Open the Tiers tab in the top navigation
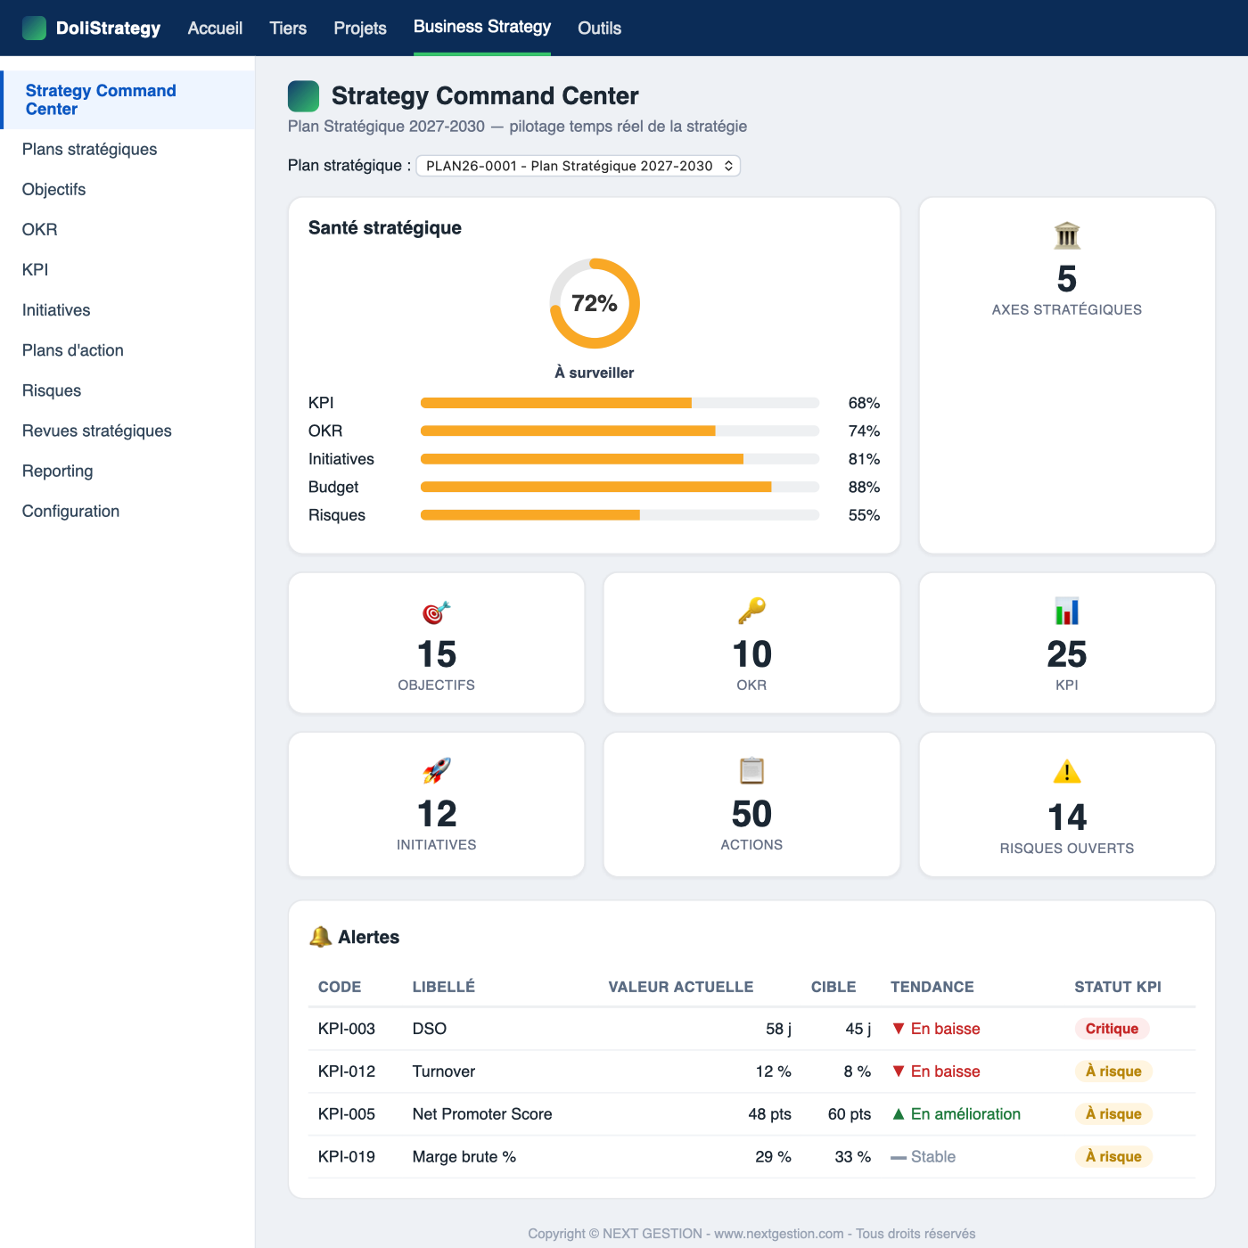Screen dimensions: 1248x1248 pos(288,28)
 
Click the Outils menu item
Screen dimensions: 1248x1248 pos(599,28)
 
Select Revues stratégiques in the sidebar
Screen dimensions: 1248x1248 pos(96,431)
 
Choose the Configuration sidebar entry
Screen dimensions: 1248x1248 pos(70,511)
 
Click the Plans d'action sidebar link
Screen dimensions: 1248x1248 pos(72,350)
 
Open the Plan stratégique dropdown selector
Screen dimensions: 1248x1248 pos(578,166)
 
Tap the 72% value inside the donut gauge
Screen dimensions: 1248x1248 pos(594,303)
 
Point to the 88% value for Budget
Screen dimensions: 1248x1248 pos(863,487)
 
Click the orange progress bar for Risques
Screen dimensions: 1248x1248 pos(530,515)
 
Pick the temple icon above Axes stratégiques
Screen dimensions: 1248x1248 pos(1067,235)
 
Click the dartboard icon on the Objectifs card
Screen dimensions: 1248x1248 pos(436,612)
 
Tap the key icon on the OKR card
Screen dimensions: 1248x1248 pos(751,611)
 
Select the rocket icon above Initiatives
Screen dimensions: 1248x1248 pos(437,771)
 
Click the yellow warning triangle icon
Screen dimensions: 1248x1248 pos(1067,772)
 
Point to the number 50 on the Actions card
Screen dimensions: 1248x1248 pos(751,814)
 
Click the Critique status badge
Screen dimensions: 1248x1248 pos(1112,1029)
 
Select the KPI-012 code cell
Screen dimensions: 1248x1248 pos(347,1071)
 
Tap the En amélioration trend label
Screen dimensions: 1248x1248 pos(965,1114)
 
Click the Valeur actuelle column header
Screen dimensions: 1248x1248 pos(681,987)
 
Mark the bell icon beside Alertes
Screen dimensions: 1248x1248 pos(320,937)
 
